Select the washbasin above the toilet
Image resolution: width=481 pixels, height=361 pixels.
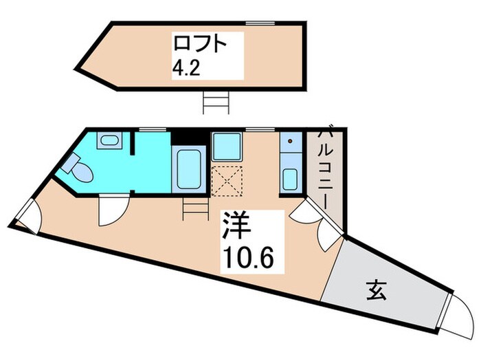pyautogui.click(x=108, y=142)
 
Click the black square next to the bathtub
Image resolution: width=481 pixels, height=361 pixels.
pyautogui.click(x=187, y=137)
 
